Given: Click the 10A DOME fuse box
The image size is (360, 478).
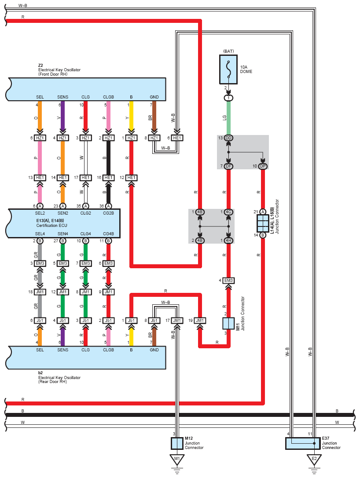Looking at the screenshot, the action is (228, 69).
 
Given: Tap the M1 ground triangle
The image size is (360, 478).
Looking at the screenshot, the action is (177, 459).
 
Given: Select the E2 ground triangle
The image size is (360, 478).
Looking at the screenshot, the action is (314, 459).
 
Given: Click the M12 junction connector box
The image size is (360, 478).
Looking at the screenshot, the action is (177, 443).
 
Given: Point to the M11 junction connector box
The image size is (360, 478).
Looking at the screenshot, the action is (228, 323).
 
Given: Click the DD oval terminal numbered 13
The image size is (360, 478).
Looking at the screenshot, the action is (228, 138).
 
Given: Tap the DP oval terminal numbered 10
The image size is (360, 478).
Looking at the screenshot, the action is (263, 166).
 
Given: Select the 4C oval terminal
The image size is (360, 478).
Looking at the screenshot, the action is (228, 212).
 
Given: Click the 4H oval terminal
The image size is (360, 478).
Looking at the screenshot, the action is (228, 241).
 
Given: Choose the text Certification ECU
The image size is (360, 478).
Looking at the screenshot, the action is (51, 226).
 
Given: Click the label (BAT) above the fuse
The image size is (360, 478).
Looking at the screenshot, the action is (228, 51).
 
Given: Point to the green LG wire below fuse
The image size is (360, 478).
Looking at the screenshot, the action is (228, 118).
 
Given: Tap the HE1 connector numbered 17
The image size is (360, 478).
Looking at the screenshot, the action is (86, 177).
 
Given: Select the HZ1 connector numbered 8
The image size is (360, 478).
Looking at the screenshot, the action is (154, 138).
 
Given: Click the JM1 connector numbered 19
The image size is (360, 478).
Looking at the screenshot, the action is (200, 321).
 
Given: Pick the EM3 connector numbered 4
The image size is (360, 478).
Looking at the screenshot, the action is (228, 281).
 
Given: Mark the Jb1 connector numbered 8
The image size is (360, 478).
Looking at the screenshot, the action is (154, 321).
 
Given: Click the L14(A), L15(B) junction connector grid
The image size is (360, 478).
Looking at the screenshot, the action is (263, 223).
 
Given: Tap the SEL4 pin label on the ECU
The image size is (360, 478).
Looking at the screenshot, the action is (40, 234).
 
